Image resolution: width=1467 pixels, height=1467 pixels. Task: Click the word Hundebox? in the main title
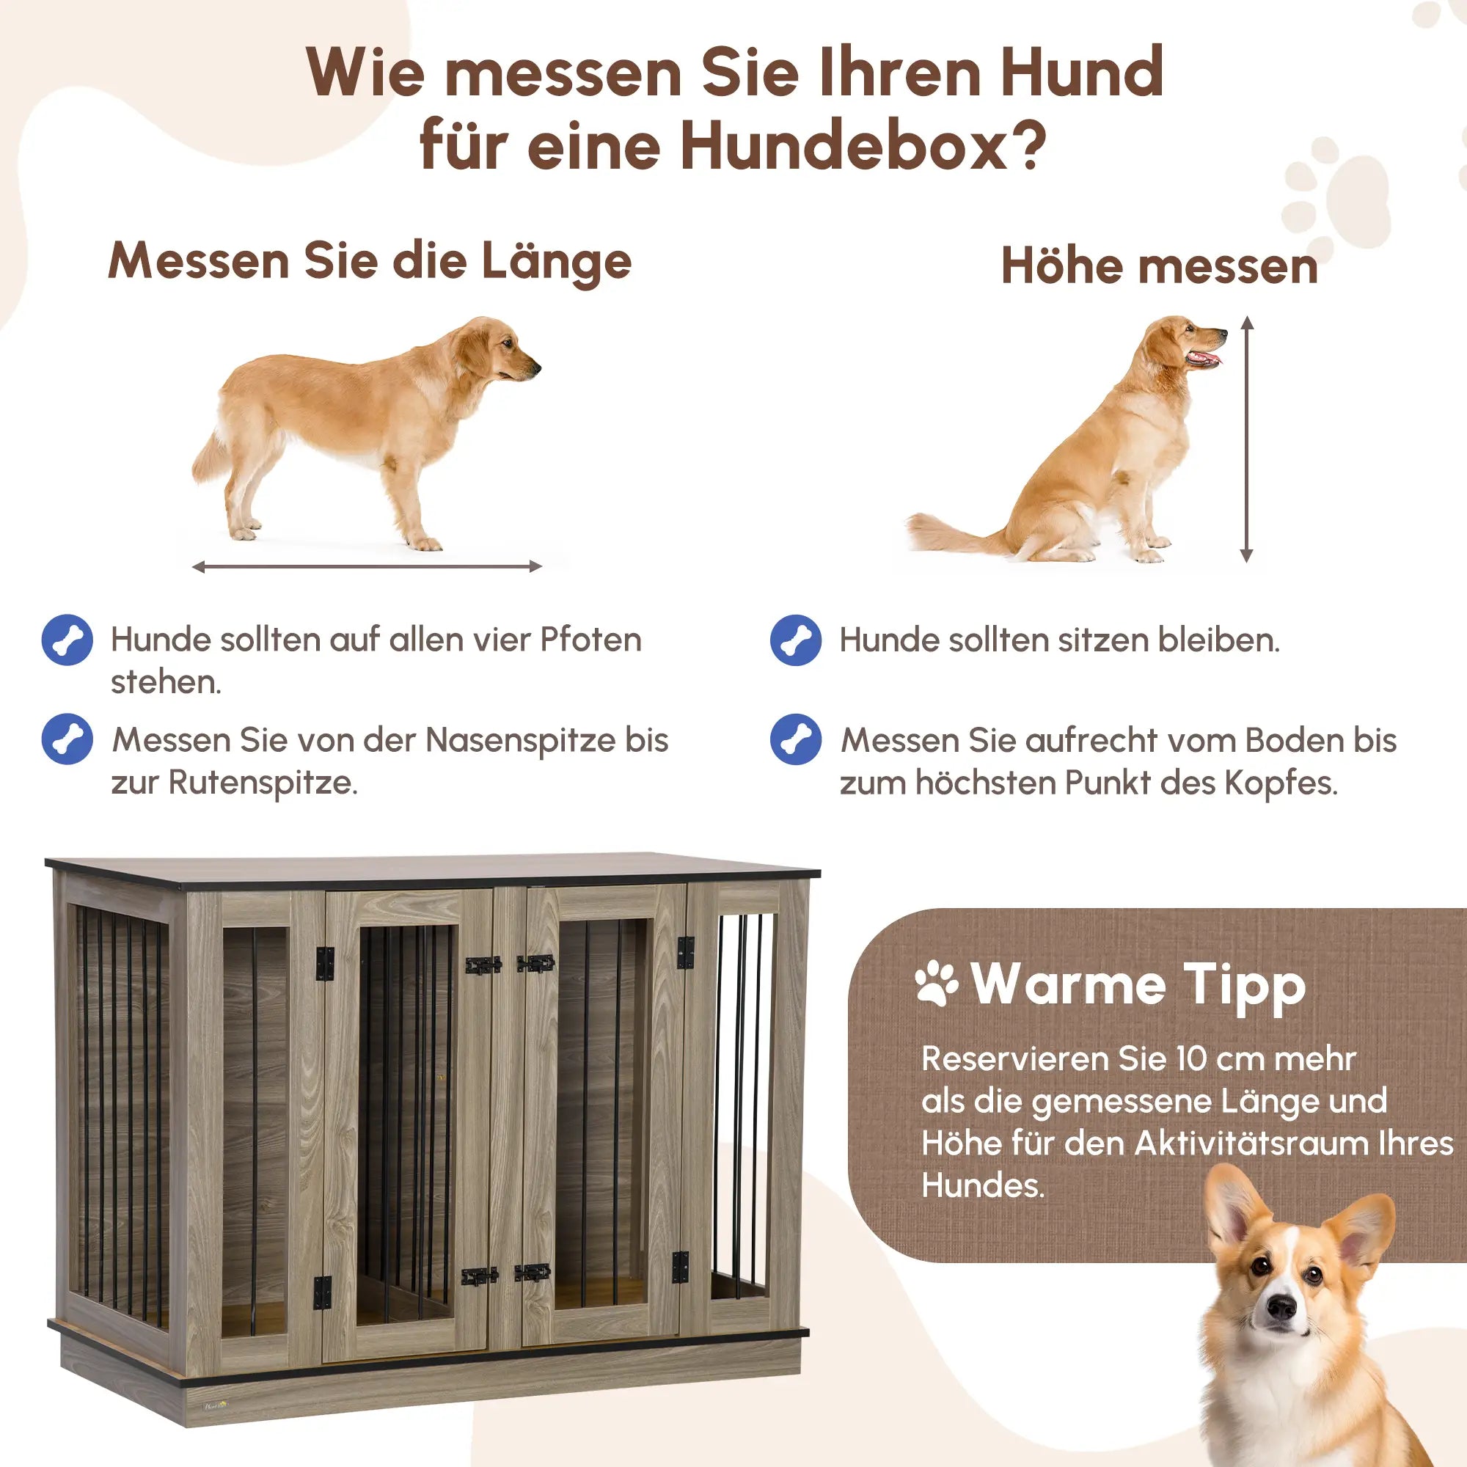tap(863, 146)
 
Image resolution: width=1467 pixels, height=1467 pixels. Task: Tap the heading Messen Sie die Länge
tap(370, 261)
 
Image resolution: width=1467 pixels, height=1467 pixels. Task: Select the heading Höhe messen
tap(1159, 266)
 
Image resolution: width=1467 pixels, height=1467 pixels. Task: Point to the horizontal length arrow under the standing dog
tap(367, 566)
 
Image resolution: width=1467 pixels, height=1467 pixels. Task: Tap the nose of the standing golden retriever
tap(536, 368)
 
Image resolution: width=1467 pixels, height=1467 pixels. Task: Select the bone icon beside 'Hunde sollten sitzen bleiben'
tap(795, 640)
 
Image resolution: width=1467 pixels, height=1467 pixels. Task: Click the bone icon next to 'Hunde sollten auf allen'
tap(67, 640)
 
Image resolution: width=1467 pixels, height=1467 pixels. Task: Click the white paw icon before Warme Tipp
tap(936, 985)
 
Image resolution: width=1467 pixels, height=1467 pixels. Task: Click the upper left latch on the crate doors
tap(483, 965)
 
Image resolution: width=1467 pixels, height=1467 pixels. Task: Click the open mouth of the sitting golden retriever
tap(1206, 359)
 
